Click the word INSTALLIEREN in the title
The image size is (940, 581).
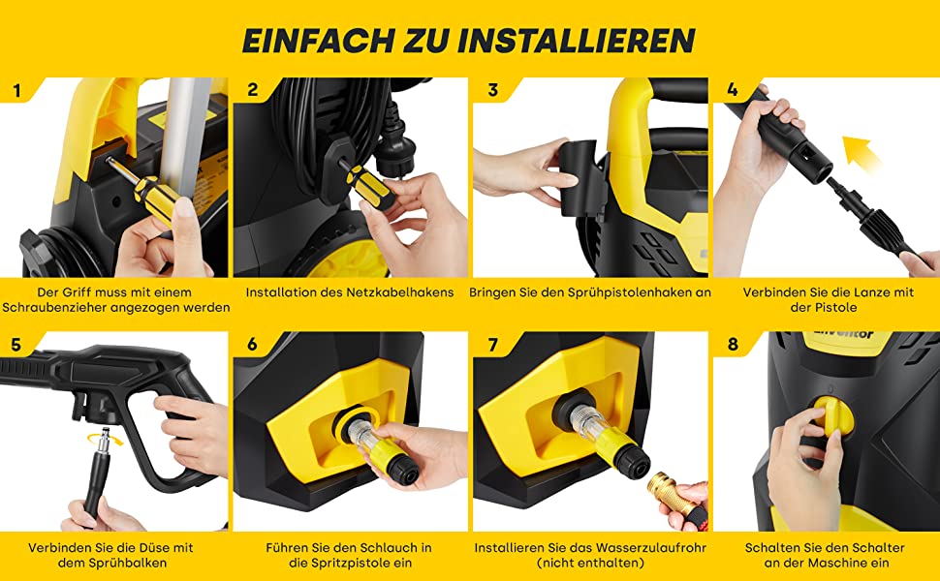576,40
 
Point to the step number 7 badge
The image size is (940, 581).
493,345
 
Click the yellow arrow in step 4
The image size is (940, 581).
861,153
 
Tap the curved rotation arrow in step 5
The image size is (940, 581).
105,439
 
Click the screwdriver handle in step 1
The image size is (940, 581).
157,199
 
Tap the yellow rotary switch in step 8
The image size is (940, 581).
834,415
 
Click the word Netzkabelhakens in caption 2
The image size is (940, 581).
400,292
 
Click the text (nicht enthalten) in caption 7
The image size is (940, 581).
590,563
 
